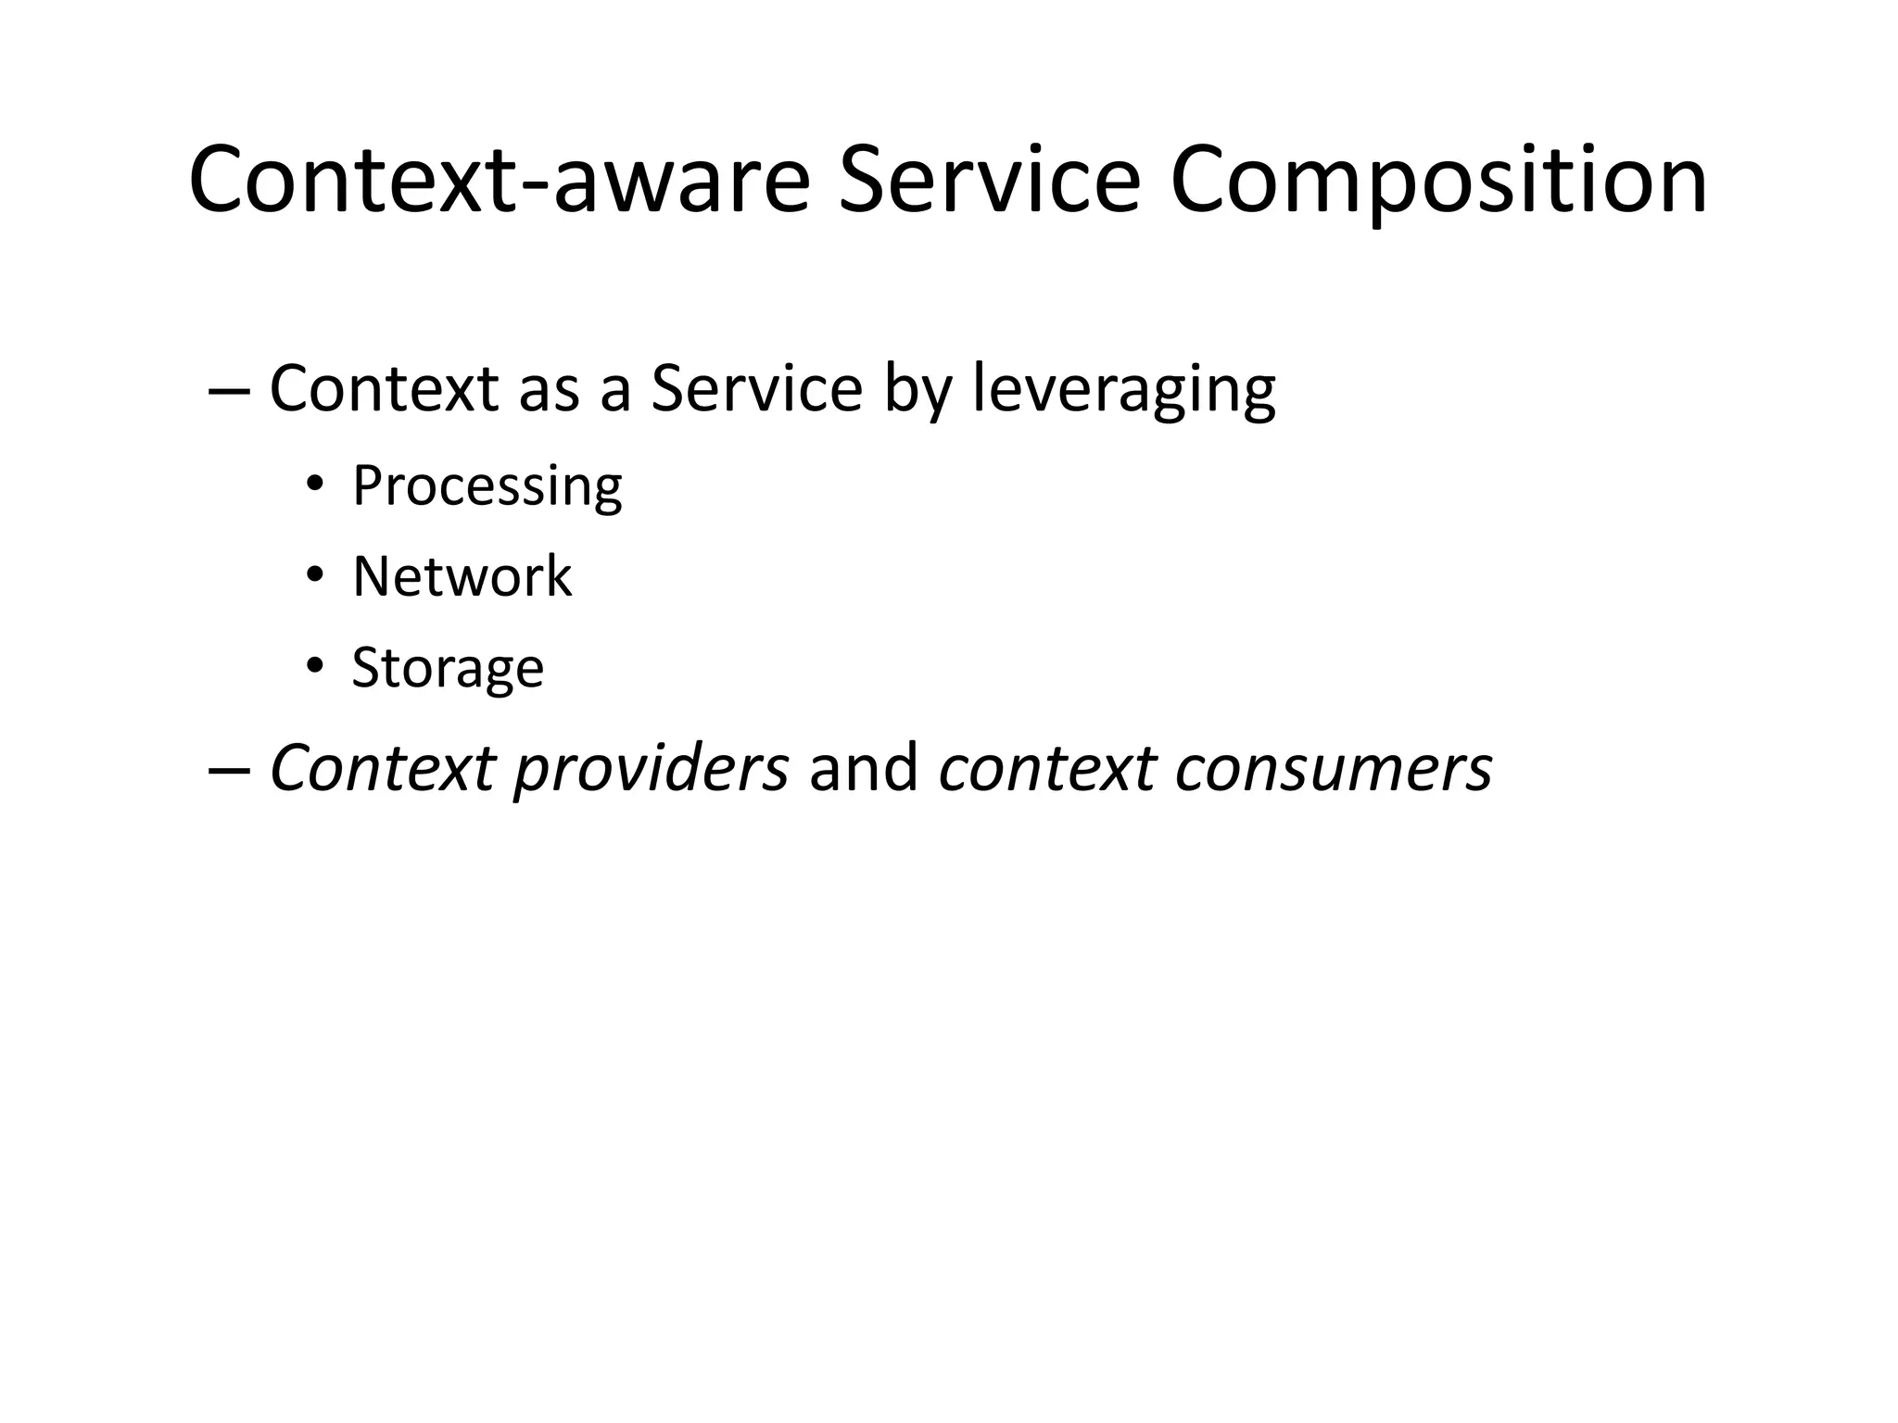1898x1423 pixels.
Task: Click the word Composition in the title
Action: pyautogui.click(x=1438, y=181)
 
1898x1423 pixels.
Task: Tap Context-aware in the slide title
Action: pyautogui.click(x=499, y=181)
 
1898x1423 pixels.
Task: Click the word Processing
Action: pyautogui.click(x=487, y=486)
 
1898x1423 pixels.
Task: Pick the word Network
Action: pyautogui.click(x=462, y=576)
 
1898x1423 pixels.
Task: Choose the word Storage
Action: pyautogui.click(x=448, y=667)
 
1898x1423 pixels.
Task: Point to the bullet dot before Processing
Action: pyautogui.click(x=315, y=485)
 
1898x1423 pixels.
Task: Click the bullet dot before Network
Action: pyautogui.click(x=315, y=576)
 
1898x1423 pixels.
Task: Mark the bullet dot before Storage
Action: pyautogui.click(x=315, y=666)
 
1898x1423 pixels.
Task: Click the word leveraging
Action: pyautogui.click(x=1123, y=389)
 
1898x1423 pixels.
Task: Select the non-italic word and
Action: pyautogui.click(x=863, y=769)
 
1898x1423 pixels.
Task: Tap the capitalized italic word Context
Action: pyautogui.click(x=382, y=769)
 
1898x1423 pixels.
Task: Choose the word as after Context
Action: pyautogui.click(x=548, y=389)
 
